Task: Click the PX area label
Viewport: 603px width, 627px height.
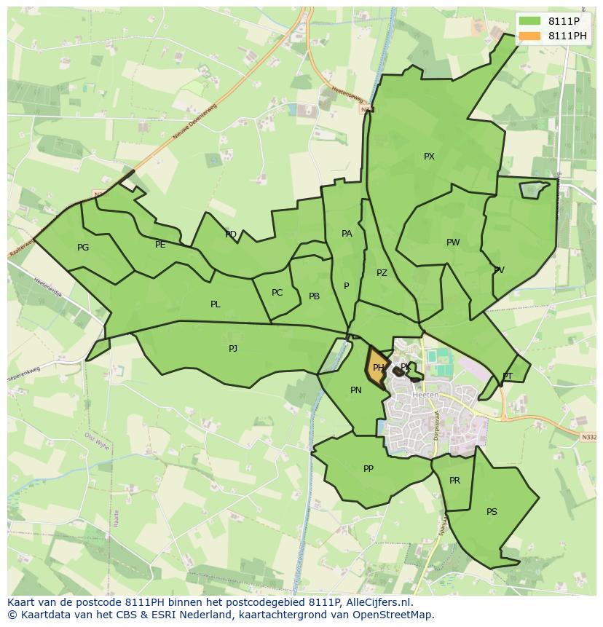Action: point(429,157)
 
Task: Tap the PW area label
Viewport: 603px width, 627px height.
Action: point(453,242)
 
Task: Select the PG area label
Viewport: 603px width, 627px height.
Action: point(83,248)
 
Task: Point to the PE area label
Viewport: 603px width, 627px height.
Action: point(160,245)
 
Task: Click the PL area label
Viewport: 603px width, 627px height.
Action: point(215,304)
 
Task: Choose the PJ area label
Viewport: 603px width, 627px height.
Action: point(233,349)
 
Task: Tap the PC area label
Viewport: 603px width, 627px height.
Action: point(277,293)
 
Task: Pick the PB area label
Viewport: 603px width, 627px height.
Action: point(314,296)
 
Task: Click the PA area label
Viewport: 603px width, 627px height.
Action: point(347,234)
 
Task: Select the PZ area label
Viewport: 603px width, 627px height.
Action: point(382,273)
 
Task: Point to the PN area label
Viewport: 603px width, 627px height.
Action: point(355,390)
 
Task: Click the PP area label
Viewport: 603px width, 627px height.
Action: point(368,469)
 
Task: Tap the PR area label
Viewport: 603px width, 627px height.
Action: point(454,481)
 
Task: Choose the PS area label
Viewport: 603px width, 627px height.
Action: point(492,512)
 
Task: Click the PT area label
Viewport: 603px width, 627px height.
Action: point(508,376)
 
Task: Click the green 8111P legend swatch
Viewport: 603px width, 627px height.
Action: point(530,21)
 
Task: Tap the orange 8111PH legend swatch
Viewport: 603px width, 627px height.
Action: point(530,36)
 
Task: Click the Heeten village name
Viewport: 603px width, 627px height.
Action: point(425,395)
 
